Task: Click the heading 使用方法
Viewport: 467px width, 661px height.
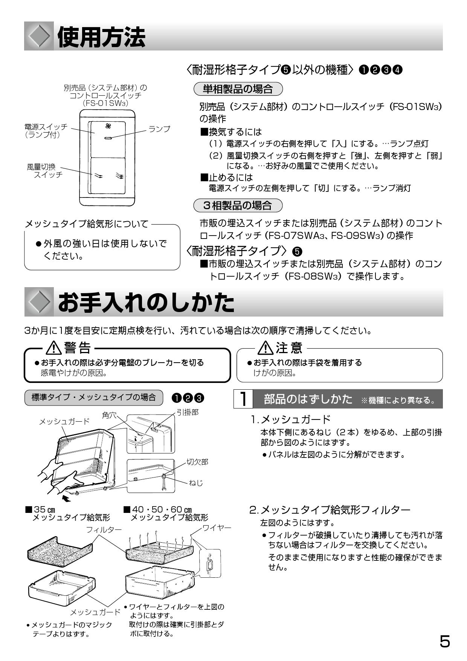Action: click(101, 37)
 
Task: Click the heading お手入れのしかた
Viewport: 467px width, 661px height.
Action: click(146, 303)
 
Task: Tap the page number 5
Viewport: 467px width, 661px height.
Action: click(444, 641)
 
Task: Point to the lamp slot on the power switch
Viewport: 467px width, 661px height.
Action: click(108, 138)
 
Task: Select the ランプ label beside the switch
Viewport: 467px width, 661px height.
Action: click(159, 129)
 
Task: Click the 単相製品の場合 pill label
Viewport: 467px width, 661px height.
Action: click(238, 89)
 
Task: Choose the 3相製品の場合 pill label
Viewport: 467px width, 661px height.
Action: click(238, 205)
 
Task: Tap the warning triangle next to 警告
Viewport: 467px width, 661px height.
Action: click(54, 348)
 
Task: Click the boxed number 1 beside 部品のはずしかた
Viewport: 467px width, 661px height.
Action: click(243, 399)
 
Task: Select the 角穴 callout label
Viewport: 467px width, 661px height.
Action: click(109, 415)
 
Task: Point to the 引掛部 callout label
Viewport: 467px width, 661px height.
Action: click(188, 412)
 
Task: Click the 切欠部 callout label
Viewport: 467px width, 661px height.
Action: click(197, 462)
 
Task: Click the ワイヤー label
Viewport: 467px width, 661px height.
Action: click(217, 528)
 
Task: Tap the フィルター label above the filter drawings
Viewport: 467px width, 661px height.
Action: click(104, 529)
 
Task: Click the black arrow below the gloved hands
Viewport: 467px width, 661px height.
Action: click(66, 499)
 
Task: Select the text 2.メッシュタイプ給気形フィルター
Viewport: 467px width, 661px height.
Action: click(330, 510)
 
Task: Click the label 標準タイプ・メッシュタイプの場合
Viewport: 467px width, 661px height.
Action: click(93, 398)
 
